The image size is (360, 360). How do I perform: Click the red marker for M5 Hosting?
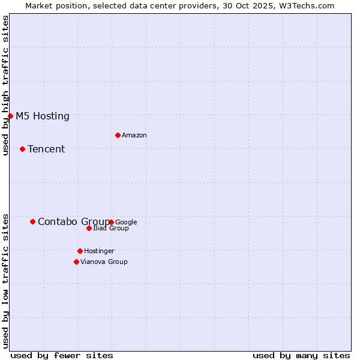10,116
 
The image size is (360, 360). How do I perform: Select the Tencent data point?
22,149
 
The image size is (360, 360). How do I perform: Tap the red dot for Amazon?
118,135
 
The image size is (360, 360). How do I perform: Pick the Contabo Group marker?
32,221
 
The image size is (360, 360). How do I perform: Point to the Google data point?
112,222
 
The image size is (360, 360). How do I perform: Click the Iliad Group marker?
89,228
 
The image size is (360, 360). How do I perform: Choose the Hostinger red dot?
80,251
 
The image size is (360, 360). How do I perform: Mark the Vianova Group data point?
76,262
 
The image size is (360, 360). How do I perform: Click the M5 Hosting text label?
43,116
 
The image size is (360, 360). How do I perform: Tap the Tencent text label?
46,149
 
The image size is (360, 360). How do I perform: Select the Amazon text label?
134,136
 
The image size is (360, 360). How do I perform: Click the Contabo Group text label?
73,222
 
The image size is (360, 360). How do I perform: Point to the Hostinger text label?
99,251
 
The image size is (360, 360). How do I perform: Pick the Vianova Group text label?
104,262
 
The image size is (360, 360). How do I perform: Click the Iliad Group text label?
111,229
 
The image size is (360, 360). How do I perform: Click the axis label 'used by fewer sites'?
62,355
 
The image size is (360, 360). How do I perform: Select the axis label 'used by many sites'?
301,355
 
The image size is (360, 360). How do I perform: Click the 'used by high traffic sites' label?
5,85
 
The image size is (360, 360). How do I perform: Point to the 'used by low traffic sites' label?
5,281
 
